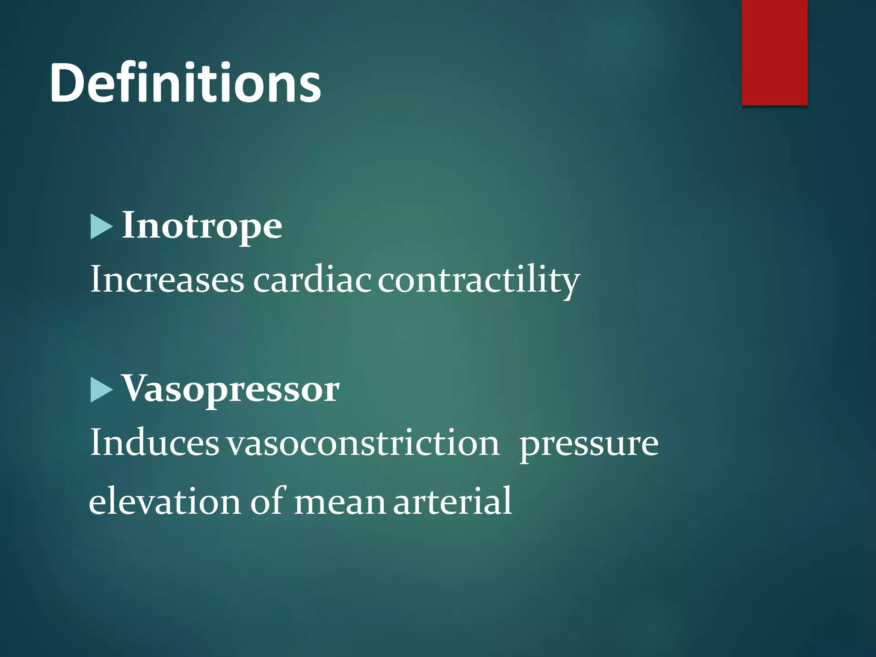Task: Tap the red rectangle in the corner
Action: [774, 52]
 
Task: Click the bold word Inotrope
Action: [202, 226]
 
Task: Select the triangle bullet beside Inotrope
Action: [101, 227]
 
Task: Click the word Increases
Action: [167, 280]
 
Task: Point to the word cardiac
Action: [312, 280]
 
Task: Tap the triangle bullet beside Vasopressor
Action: [101, 390]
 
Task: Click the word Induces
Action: [154, 443]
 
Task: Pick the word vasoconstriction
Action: [363, 443]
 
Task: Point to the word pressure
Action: [589, 445]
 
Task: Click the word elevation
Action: [165, 501]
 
